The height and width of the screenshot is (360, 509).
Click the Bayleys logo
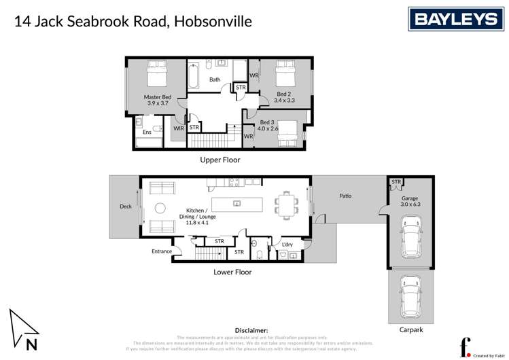click(x=456, y=19)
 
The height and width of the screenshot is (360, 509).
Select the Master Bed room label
click(x=157, y=101)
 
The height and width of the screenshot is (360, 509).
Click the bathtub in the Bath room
click(x=193, y=75)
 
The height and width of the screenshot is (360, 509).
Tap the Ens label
click(x=147, y=132)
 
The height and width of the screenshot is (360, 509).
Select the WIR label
click(x=179, y=128)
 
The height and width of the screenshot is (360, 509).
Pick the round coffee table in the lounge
click(x=160, y=209)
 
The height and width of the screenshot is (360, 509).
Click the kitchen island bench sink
click(x=236, y=203)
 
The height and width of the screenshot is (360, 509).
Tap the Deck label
click(x=125, y=206)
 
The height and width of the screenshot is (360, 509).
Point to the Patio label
click(x=345, y=196)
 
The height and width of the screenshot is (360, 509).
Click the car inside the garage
click(x=410, y=237)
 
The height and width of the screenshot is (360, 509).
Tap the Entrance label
click(x=162, y=251)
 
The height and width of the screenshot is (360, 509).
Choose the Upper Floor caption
click(x=220, y=160)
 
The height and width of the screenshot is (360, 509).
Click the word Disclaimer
click(x=251, y=329)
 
